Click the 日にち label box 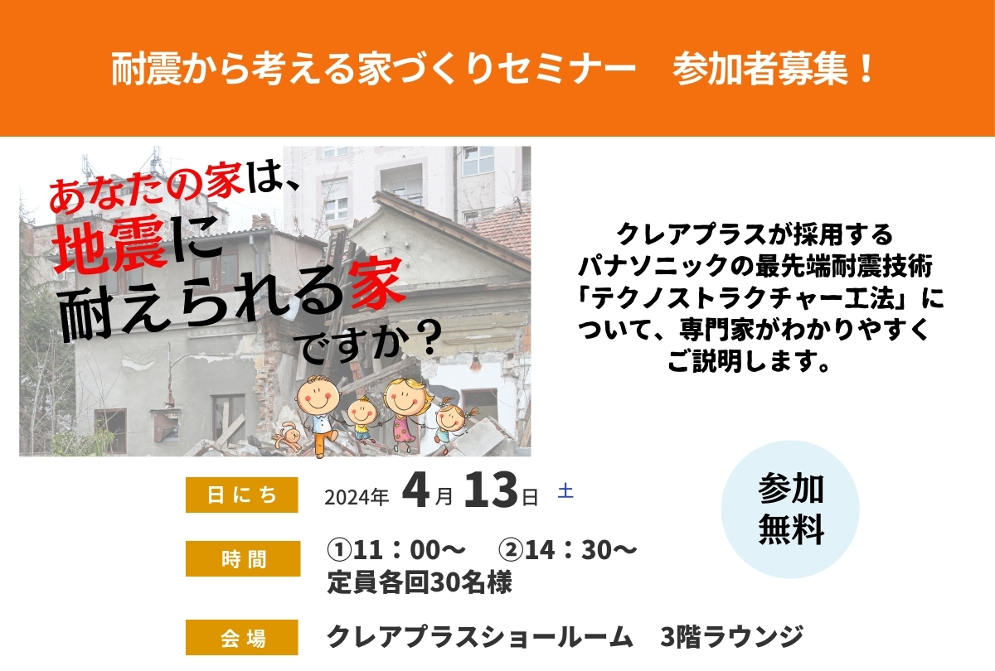click(241, 495)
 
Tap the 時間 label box click(243, 558)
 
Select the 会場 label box click(241, 637)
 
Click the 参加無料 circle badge click(790, 509)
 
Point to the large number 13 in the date click(491, 490)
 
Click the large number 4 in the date click(415, 490)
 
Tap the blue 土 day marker click(565, 491)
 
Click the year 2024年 click(357, 497)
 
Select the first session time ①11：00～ click(396, 550)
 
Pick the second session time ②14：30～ click(568, 550)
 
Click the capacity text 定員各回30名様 click(420, 582)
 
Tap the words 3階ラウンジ click(732, 637)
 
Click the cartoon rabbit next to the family click(287, 436)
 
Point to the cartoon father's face click(317, 396)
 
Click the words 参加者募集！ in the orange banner click(773, 70)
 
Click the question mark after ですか click(430, 337)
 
